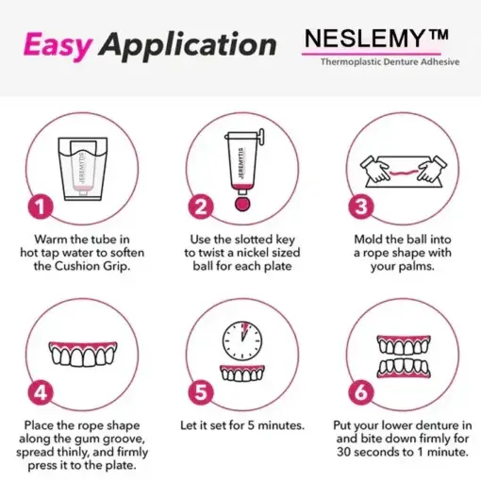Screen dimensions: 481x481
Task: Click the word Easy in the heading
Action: [58, 44]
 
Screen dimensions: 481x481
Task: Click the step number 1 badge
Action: [38, 205]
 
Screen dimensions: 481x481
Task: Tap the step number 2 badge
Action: [199, 205]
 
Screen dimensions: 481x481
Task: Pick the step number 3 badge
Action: [362, 205]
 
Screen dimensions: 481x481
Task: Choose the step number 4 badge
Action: [38, 390]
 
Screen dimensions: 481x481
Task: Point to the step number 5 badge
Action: [199, 390]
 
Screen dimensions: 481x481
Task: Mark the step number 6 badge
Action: [362, 390]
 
